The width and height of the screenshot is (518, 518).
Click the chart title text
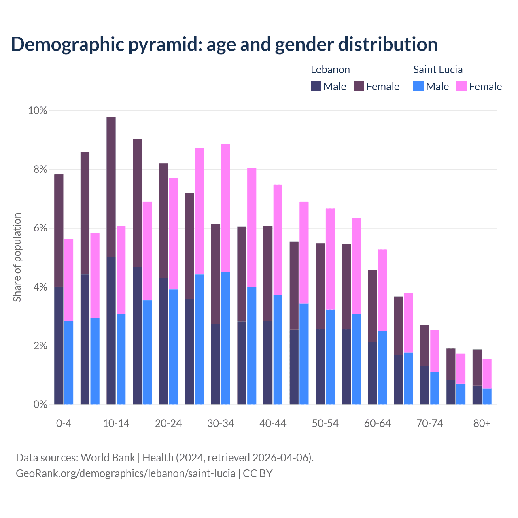(x=224, y=45)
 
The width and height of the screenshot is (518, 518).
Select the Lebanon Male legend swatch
(x=316, y=86)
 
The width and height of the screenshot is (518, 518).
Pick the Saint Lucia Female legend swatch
(x=462, y=86)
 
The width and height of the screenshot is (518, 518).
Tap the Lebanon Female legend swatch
(x=359, y=86)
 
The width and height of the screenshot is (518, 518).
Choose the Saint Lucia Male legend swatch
(x=418, y=86)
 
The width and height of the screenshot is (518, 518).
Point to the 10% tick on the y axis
(x=38, y=110)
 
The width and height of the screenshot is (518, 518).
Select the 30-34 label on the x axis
(x=221, y=424)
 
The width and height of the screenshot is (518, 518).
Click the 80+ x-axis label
(x=482, y=424)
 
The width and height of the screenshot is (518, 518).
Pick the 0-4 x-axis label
(x=64, y=424)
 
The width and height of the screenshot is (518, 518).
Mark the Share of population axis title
(x=17, y=257)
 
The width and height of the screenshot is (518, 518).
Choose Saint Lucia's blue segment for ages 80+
(x=487, y=397)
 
